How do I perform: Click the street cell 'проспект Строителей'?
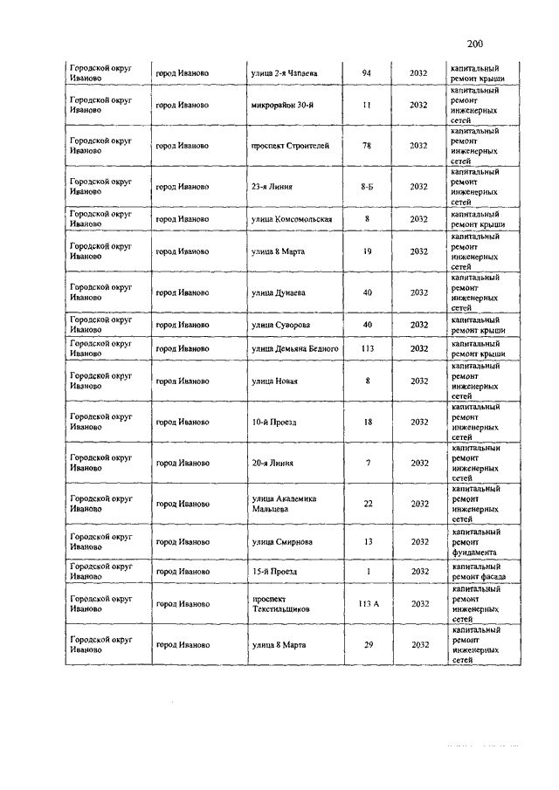coord(290,146)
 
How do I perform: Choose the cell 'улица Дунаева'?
coord(277,292)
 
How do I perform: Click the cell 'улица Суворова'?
coord(280,325)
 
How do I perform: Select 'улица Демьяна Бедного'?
coord(294,348)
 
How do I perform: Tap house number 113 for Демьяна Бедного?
coord(367,348)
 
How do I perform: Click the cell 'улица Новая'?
coord(274,381)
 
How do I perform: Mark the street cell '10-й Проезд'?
coord(273,422)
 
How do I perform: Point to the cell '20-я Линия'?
coord(272,463)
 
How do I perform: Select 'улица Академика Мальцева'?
coord(283,504)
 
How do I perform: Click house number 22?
coord(368,504)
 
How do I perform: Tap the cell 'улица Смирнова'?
coord(279,541)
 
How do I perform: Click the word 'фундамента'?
coord(474,552)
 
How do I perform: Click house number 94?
coord(367,72)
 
